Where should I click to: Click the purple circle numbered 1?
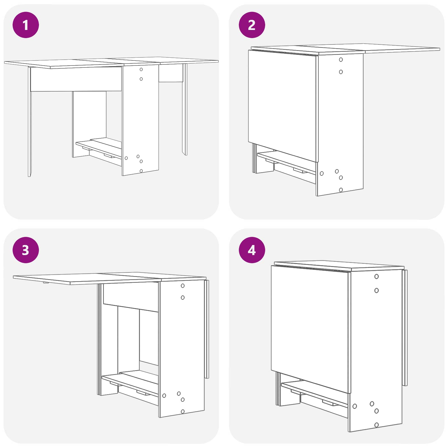point(26,25)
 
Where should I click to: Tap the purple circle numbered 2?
point(252,25)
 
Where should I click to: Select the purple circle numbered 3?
point(26,250)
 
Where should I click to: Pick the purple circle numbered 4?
point(252,250)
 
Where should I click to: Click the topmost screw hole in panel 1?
point(141,69)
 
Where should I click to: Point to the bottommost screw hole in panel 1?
point(141,171)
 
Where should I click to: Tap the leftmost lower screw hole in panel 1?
point(126,158)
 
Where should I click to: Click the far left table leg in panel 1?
point(29,122)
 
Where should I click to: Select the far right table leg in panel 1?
point(185,109)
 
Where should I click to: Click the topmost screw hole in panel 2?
point(341,60)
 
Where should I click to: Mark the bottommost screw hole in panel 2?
point(341,190)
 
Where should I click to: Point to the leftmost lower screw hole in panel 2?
point(322,174)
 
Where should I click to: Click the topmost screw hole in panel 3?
point(183,286)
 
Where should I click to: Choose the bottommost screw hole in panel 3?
point(183,412)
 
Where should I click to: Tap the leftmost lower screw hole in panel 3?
point(164,396)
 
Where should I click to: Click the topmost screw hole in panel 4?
point(377,277)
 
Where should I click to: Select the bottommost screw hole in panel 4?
point(377,425)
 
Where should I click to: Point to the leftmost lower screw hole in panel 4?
point(355,406)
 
